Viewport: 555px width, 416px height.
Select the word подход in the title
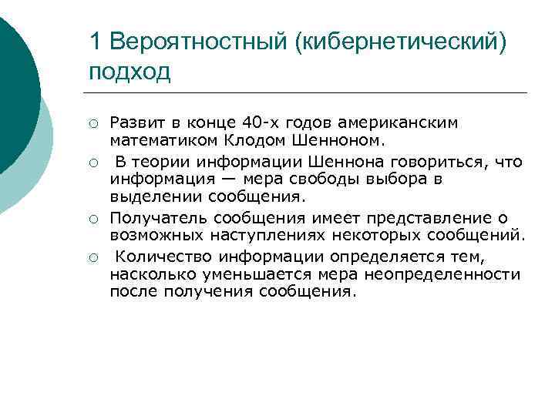129,72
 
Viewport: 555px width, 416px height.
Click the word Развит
134,123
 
